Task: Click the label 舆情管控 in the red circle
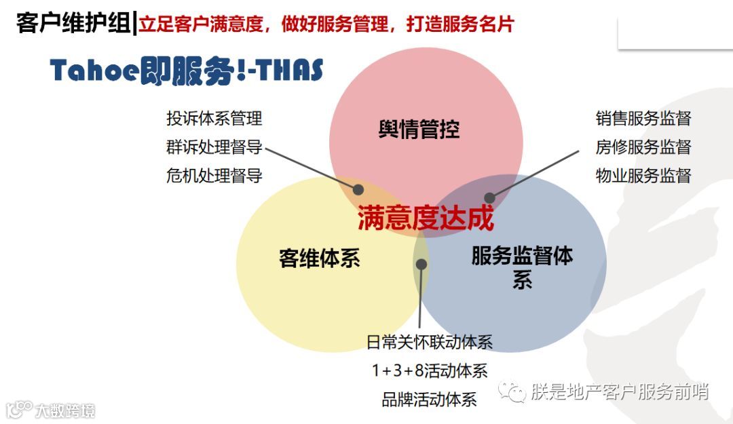pyautogui.click(x=419, y=129)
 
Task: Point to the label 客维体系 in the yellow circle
pyautogui.click(x=319, y=258)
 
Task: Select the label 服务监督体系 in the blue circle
pyautogui.click(x=522, y=267)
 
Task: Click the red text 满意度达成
pyautogui.click(x=426, y=219)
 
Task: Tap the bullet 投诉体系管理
pyautogui.click(x=214, y=119)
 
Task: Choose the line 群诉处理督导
pyautogui.click(x=214, y=147)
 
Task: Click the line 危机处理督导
pyautogui.click(x=214, y=176)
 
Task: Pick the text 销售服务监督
pyautogui.click(x=643, y=119)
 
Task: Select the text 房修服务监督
pyautogui.click(x=643, y=147)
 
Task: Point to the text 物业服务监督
pyautogui.click(x=643, y=176)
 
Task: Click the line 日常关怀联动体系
pyautogui.click(x=429, y=342)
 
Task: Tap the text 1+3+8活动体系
pyautogui.click(x=429, y=370)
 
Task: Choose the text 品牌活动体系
pyautogui.click(x=429, y=399)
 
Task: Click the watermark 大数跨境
pyautogui.click(x=64, y=410)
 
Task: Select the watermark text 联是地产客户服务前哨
pyautogui.click(x=619, y=391)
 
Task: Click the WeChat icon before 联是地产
pyautogui.click(x=512, y=391)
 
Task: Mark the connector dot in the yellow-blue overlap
pyautogui.click(x=422, y=264)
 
